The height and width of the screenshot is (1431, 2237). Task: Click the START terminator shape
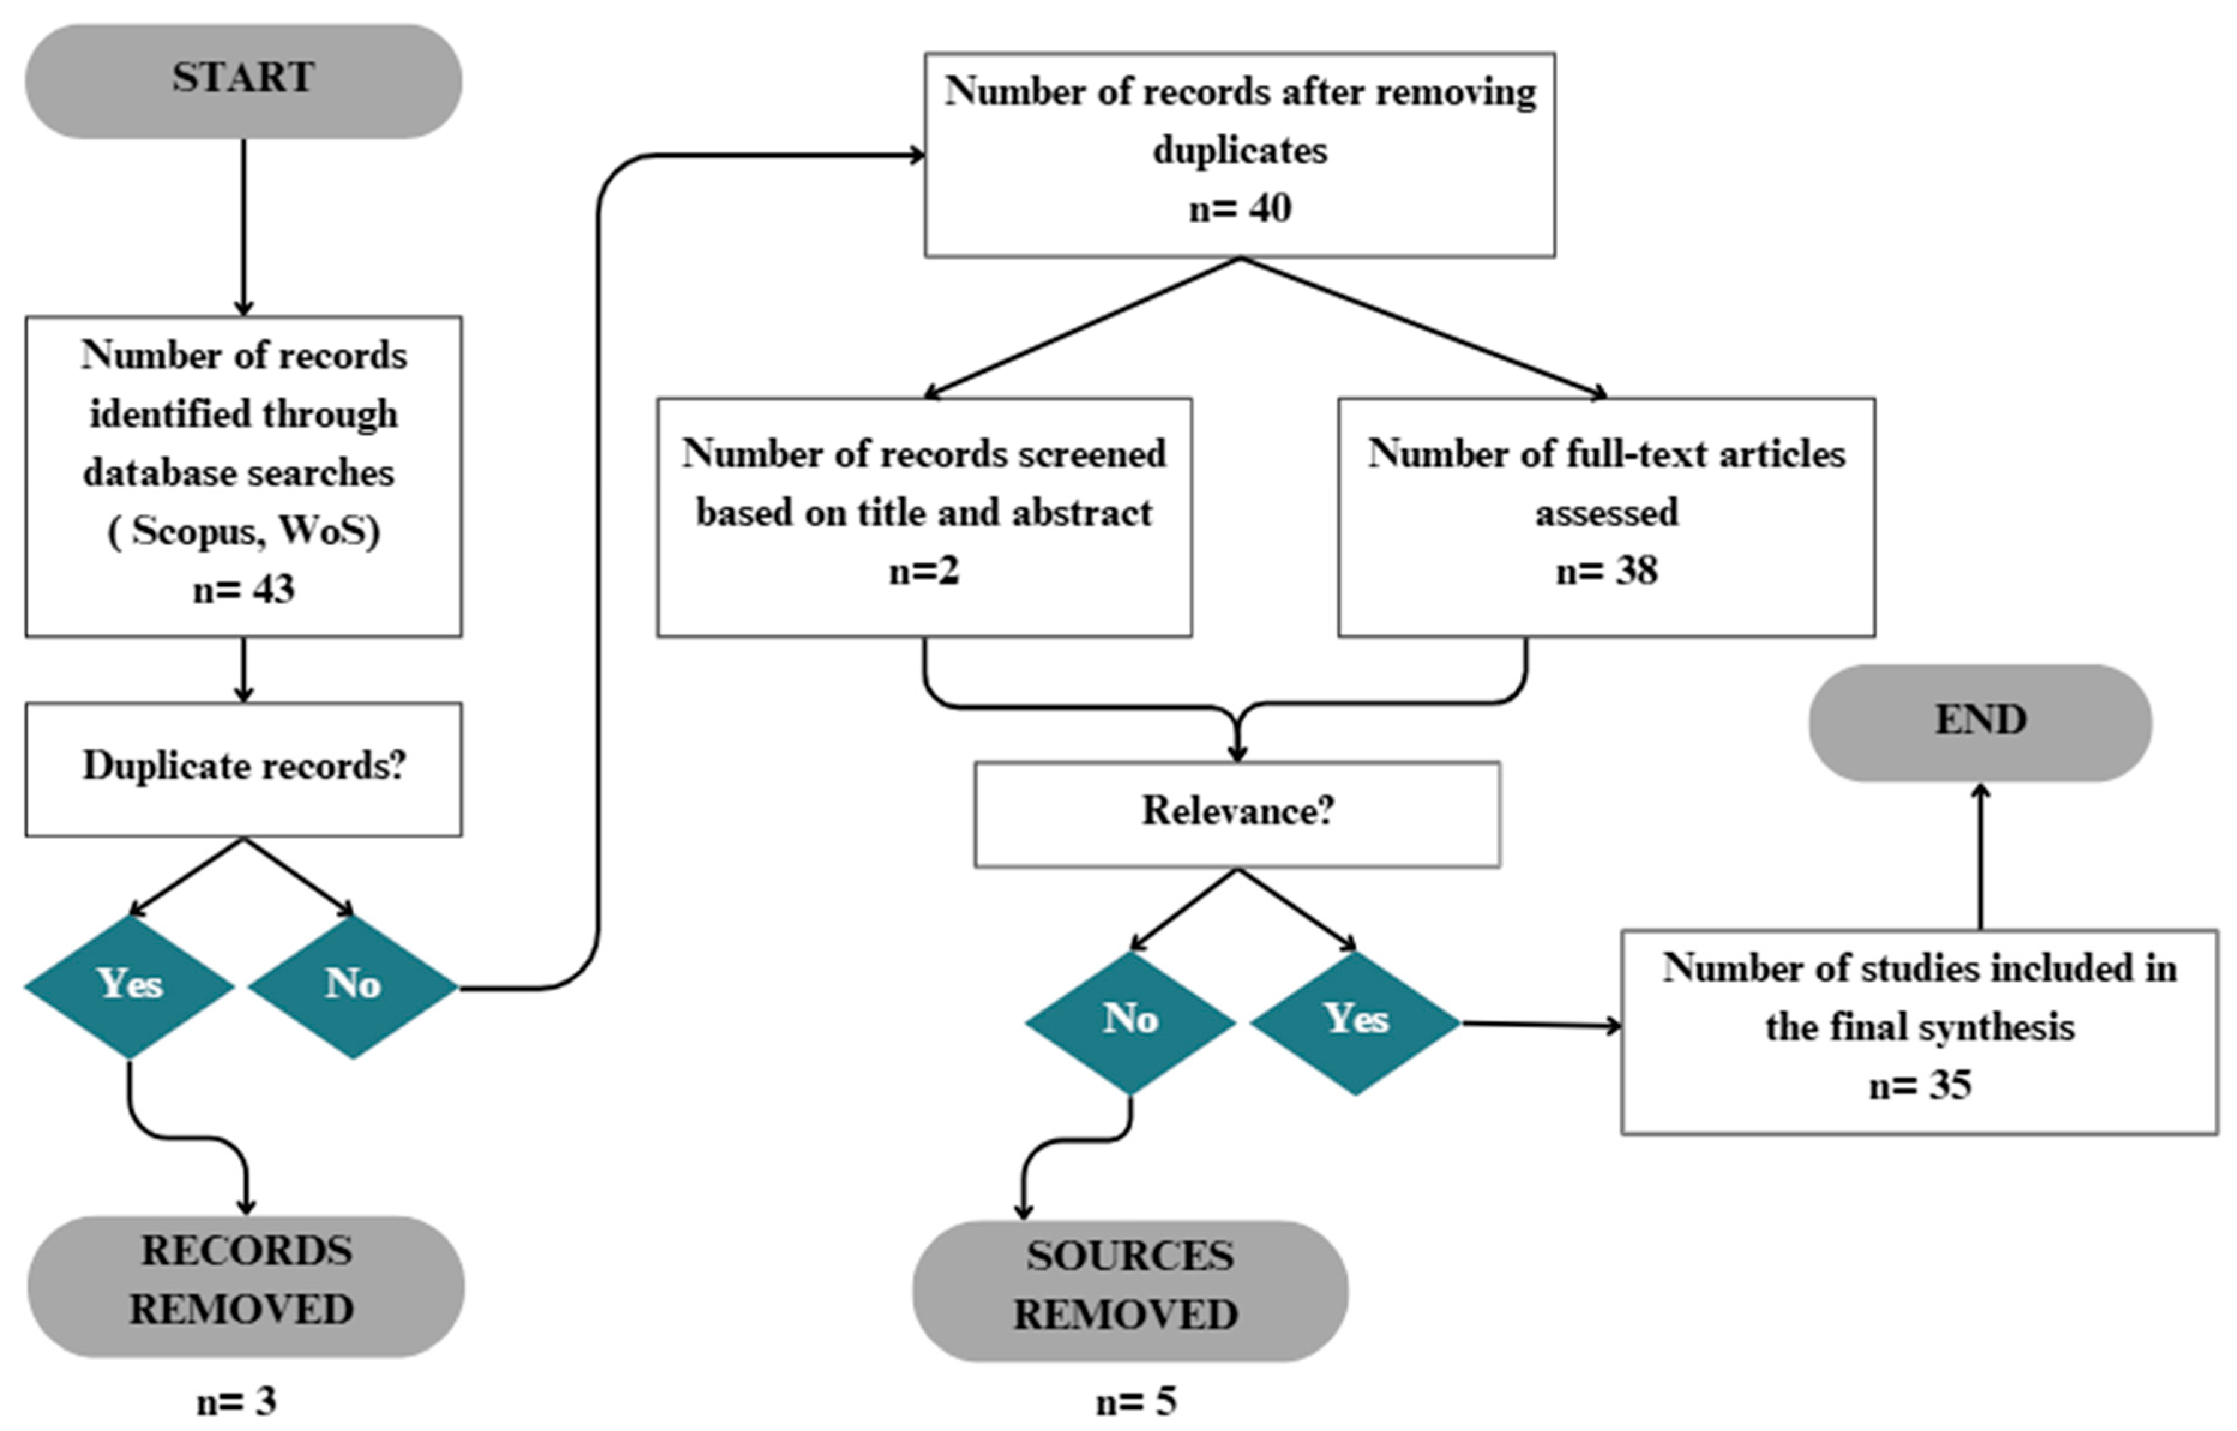point(243,81)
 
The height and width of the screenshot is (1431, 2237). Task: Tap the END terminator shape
point(1980,723)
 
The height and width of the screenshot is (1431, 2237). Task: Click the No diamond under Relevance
point(1130,1022)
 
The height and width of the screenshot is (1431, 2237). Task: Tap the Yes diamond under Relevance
point(1355,1022)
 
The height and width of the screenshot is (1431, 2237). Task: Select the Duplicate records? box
point(243,769)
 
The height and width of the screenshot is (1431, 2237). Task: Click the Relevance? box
point(1237,815)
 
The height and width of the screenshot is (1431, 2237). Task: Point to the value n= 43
point(243,589)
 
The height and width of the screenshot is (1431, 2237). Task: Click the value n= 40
point(1240,208)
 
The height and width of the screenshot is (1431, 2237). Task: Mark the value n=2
point(924,571)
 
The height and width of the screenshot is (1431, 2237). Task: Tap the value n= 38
point(1606,571)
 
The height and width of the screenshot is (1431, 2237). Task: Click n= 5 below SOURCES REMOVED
point(1136,1401)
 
